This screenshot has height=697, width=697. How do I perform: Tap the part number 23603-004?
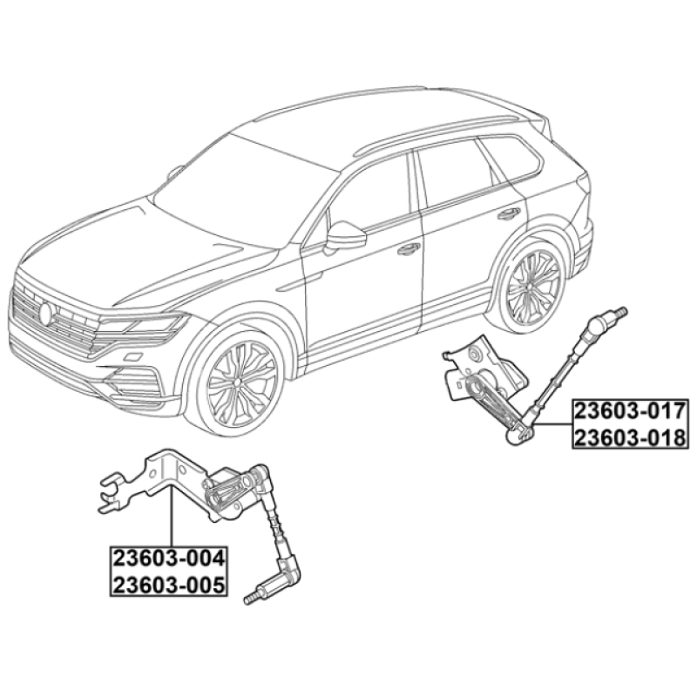tap(169, 558)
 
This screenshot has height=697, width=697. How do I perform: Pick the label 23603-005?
tap(169, 585)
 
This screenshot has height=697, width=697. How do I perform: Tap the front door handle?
tap(408, 249)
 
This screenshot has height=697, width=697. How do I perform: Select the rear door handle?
tap(509, 213)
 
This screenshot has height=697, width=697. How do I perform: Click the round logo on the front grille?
tap(46, 313)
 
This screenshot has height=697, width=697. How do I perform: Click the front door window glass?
tap(369, 195)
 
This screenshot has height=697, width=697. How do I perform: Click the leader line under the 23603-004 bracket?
tap(173, 517)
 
